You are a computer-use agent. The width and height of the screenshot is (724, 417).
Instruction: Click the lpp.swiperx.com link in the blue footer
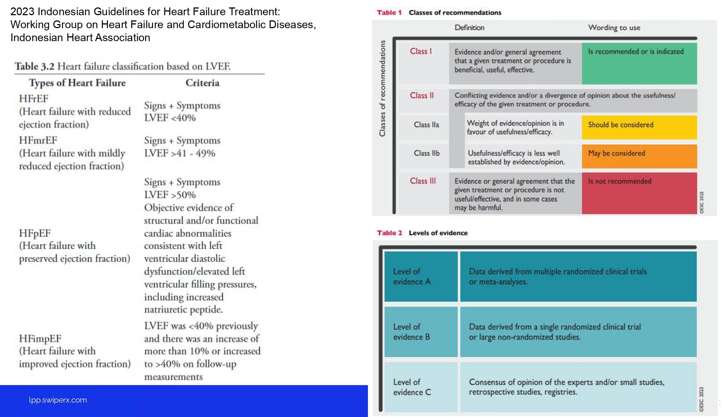click(x=58, y=400)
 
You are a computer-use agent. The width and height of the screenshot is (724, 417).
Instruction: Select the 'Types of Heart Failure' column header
click(x=77, y=83)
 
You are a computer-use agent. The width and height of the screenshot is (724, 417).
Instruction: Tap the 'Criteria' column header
click(x=202, y=83)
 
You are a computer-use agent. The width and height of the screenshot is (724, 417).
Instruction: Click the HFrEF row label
click(x=34, y=99)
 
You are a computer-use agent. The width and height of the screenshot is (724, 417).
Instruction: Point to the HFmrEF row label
click(x=38, y=140)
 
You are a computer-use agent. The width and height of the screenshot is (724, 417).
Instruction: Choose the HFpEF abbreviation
click(x=35, y=233)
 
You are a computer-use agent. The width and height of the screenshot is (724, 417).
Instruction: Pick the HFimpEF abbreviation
click(x=40, y=338)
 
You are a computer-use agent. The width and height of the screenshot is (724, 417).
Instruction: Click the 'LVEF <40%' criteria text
click(x=170, y=118)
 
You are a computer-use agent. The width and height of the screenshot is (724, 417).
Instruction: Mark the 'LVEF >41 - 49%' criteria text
click(x=180, y=153)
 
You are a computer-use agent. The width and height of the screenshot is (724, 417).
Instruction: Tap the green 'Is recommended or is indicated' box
click(x=639, y=63)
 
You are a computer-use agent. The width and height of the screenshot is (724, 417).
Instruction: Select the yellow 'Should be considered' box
click(x=639, y=127)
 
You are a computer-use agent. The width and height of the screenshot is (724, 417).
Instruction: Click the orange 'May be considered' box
click(x=639, y=156)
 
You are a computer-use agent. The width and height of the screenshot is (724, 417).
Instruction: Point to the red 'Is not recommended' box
click(x=639, y=193)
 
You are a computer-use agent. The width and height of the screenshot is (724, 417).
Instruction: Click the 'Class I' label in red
click(x=421, y=52)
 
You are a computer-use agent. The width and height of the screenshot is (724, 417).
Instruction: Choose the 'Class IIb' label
click(x=427, y=153)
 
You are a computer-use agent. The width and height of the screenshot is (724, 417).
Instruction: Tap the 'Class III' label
click(x=423, y=181)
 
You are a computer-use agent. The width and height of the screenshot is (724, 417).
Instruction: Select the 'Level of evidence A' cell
click(x=421, y=277)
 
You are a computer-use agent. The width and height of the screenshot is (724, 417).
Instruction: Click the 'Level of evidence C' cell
click(x=421, y=387)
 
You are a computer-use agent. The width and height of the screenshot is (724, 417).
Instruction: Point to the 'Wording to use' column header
click(x=614, y=28)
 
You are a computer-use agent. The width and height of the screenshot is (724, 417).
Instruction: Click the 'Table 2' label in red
click(x=389, y=233)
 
